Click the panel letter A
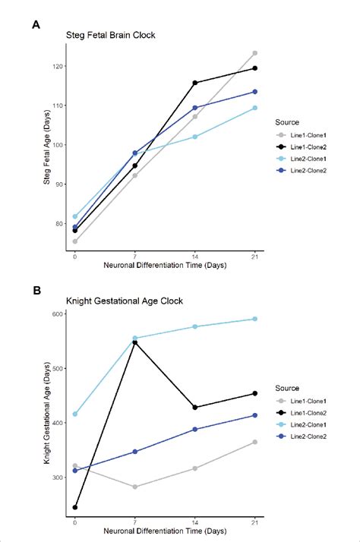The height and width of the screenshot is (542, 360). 36,24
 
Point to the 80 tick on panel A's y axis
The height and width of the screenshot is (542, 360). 59,223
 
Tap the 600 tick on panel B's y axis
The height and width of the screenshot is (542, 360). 58,314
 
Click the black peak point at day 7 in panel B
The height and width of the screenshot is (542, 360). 134,342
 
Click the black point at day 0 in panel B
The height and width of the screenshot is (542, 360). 74,507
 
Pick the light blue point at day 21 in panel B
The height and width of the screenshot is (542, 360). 254,319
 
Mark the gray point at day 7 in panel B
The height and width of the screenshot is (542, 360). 134,487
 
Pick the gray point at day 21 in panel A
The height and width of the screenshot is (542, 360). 254,53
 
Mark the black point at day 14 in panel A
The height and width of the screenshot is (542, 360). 194,83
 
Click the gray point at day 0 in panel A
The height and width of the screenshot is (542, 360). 74,241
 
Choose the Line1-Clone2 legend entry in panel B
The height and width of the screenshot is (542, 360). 310,411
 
